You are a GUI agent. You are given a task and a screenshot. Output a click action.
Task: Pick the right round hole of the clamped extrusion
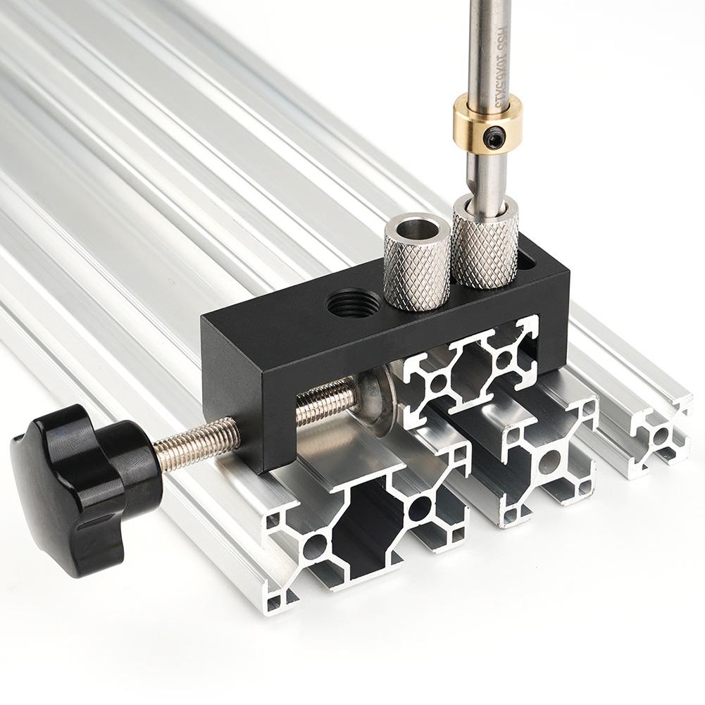[503, 359]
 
